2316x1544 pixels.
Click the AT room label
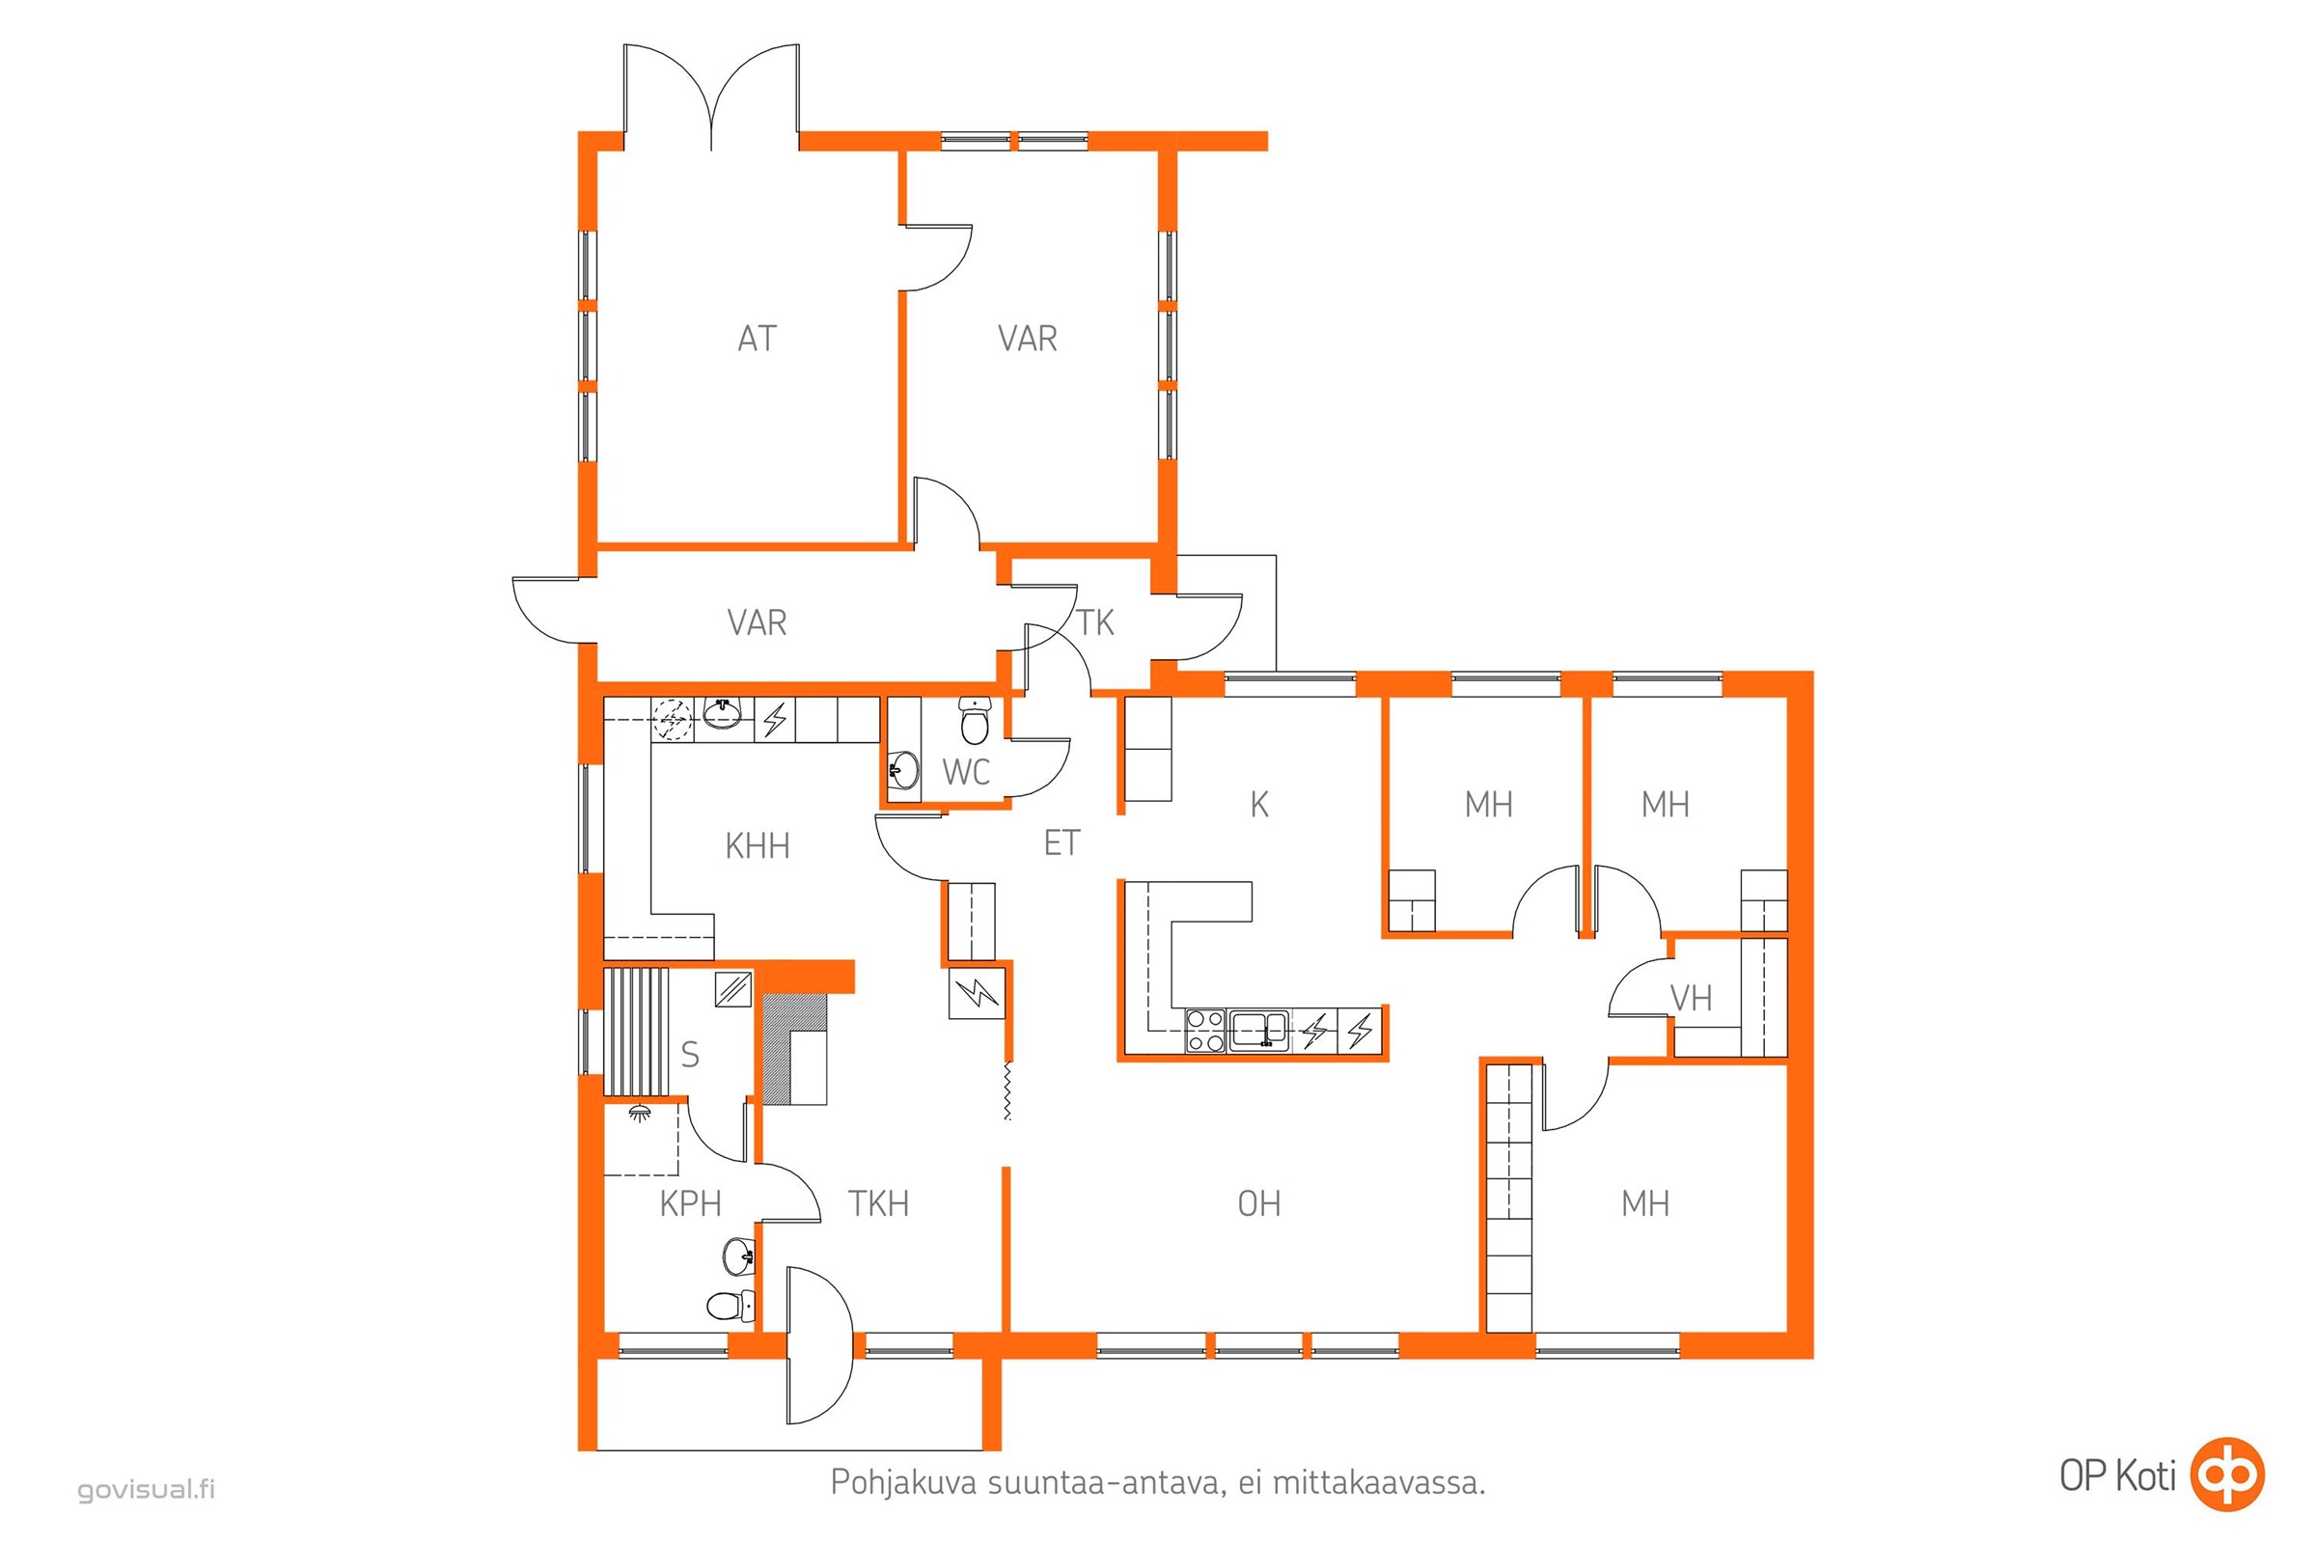pos(758,339)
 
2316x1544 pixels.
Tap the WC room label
pos(966,772)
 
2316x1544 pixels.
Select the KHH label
pos(758,846)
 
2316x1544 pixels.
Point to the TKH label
pos(878,1203)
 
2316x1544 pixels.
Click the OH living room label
pos(1259,1203)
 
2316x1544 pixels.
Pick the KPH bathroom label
pos(690,1203)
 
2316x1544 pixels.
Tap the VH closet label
pos(1691,999)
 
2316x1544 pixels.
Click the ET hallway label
pos(1061,842)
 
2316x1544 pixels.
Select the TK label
pos(1095,622)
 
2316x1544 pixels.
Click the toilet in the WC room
pos(975,721)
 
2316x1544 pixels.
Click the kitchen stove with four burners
pos(1205,1031)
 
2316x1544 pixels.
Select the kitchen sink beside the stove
pos(1258,1030)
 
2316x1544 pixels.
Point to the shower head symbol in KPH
pos(640,1113)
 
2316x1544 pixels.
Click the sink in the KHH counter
pos(723,713)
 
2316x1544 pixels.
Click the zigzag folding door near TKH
pos(1006,1090)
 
